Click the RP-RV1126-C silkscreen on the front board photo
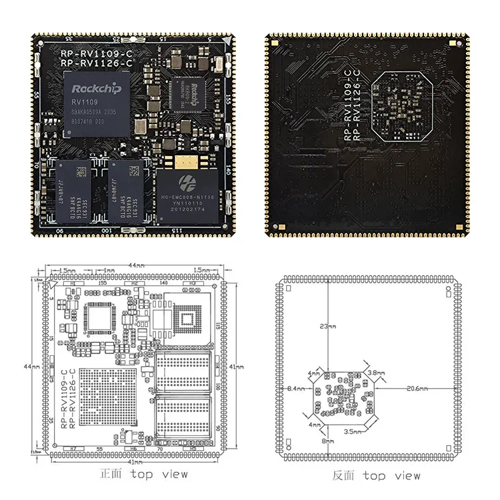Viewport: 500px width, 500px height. click(96, 63)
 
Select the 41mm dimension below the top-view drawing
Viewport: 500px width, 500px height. click(135, 461)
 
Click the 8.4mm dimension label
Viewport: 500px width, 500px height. click(296, 388)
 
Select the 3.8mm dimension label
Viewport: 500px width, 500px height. click(376, 373)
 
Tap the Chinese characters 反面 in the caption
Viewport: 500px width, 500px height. click(344, 476)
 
